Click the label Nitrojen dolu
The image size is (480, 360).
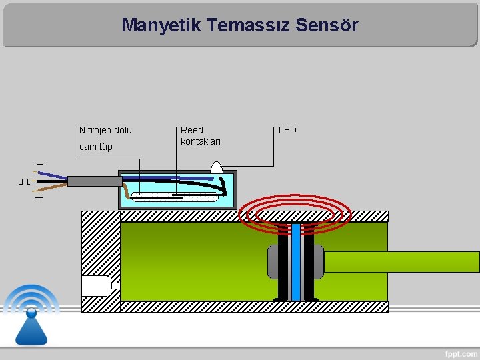pos(105,130)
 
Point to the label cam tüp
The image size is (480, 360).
pos(96,147)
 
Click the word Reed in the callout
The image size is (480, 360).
pos(192,130)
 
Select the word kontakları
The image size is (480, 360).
pos(201,141)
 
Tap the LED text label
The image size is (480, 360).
pos(287,130)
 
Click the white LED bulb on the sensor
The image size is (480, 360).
pos(217,169)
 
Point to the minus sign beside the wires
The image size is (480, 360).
pos(39,164)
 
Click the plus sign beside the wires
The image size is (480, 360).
pos(39,197)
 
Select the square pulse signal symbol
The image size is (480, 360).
pos(25,181)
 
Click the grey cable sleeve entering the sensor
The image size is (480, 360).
pos(94,181)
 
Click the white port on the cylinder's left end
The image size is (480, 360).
pos(96,285)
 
